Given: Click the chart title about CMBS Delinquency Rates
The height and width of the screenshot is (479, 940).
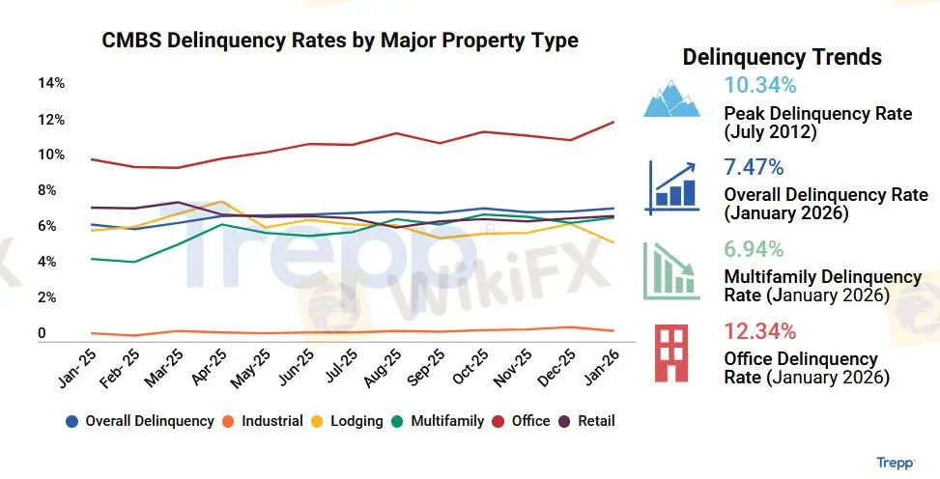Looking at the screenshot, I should pos(340,41).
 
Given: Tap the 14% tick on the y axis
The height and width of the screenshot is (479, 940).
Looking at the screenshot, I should pos(51,83).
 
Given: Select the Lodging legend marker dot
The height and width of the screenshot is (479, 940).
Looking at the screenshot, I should pos(323,422).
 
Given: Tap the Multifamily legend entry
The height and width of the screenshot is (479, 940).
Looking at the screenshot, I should pos(438,421).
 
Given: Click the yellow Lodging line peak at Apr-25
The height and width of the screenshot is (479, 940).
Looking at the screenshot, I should pos(222,202).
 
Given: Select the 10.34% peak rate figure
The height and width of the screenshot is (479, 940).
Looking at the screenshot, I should pos(760,85).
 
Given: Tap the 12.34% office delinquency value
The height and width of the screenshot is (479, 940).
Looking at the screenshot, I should pos(760,332).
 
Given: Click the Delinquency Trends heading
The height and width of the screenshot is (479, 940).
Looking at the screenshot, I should pos(782,57).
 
